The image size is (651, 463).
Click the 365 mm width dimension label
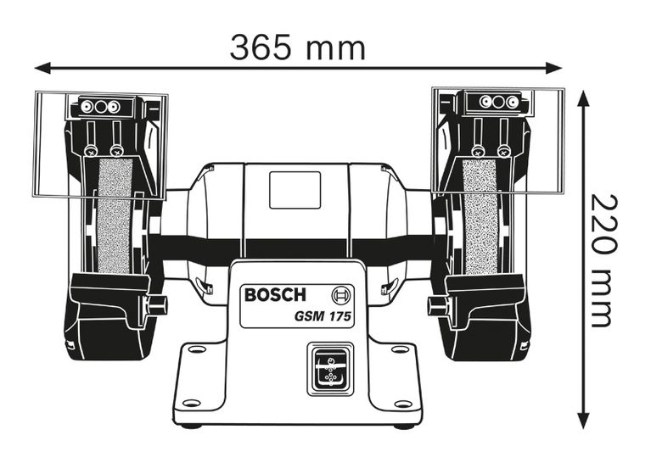point(298,47)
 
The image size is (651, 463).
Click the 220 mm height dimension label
point(603,260)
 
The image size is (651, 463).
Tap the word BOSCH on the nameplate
point(275,294)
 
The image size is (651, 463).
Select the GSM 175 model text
point(323,316)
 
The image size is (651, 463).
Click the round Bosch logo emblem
point(341,295)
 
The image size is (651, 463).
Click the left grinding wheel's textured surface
point(115,215)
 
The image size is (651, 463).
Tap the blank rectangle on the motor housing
point(295,190)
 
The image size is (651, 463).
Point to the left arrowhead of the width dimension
point(42,68)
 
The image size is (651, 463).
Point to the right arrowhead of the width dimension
point(554,68)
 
